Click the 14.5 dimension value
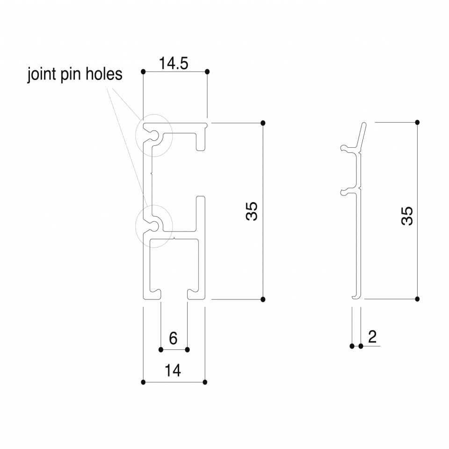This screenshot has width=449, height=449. [x=174, y=63]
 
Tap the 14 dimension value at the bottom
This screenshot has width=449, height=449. [x=173, y=370]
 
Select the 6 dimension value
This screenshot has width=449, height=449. [x=173, y=338]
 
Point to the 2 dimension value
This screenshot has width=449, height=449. [x=372, y=337]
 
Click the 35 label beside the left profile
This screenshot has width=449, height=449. [x=252, y=211]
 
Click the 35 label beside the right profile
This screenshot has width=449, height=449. [x=407, y=216]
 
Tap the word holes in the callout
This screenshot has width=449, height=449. [x=104, y=73]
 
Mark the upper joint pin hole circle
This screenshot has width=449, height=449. [x=154, y=114]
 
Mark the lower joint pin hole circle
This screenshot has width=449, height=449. [x=154, y=205]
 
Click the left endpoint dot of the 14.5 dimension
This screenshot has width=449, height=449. [x=144, y=72]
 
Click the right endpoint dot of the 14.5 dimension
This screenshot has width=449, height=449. [x=207, y=72]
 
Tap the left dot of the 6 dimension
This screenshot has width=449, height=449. [x=161, y=350]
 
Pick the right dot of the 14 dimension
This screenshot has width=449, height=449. [x=205, y=382]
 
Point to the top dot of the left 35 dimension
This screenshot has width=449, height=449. [x=263, y=123]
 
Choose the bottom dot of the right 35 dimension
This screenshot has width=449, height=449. [x=417, y=299]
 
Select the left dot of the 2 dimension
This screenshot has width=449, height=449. [x=352, y=346]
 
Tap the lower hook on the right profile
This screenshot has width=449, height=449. [x=348, y=192]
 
